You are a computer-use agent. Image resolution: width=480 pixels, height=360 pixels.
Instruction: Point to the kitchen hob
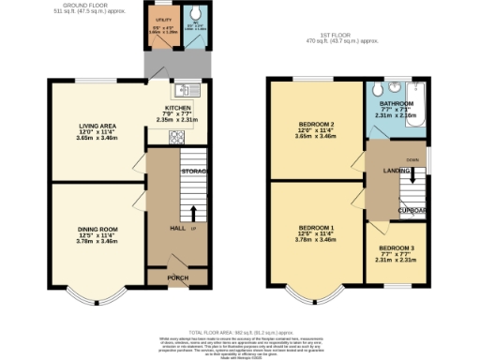tap(175, 137)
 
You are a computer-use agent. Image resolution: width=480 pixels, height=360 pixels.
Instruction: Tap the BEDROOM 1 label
tap(316, 228)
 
